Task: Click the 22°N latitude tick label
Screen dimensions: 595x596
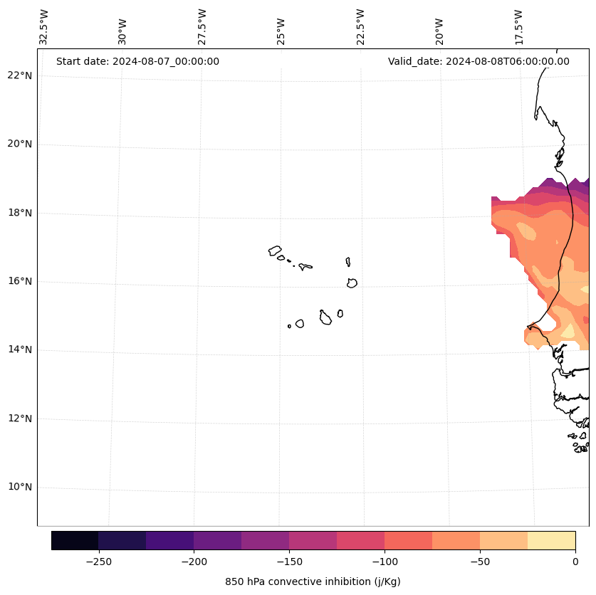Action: pos(20,75)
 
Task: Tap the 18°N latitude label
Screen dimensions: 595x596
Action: pos(20,213)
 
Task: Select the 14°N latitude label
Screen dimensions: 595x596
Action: pos(20,349)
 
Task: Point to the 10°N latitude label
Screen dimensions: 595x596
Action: pos(20,487)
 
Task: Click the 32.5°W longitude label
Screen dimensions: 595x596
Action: pos(44,27)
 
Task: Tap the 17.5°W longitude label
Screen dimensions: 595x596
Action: pos(518,27)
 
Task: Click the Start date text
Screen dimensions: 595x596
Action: pos(137,61)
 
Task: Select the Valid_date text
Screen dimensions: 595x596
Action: pos(479,61)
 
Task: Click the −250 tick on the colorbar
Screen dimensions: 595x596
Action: pos(98,562)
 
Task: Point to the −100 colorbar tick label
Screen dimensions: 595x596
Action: pos(384,562)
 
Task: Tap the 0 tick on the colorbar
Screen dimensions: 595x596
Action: pos(575,562)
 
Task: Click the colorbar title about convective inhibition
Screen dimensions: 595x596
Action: pos(313,581)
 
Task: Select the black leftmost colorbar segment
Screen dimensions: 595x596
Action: pos(75,541)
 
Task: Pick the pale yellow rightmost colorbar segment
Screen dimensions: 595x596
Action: pos(551,541)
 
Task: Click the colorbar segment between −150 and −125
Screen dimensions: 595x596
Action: pos(313,541)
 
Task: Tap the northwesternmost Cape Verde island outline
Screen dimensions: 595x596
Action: pos(275,251)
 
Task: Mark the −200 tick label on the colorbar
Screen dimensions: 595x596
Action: pos(194,562)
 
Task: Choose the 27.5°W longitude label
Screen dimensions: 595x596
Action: pos(202,27)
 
